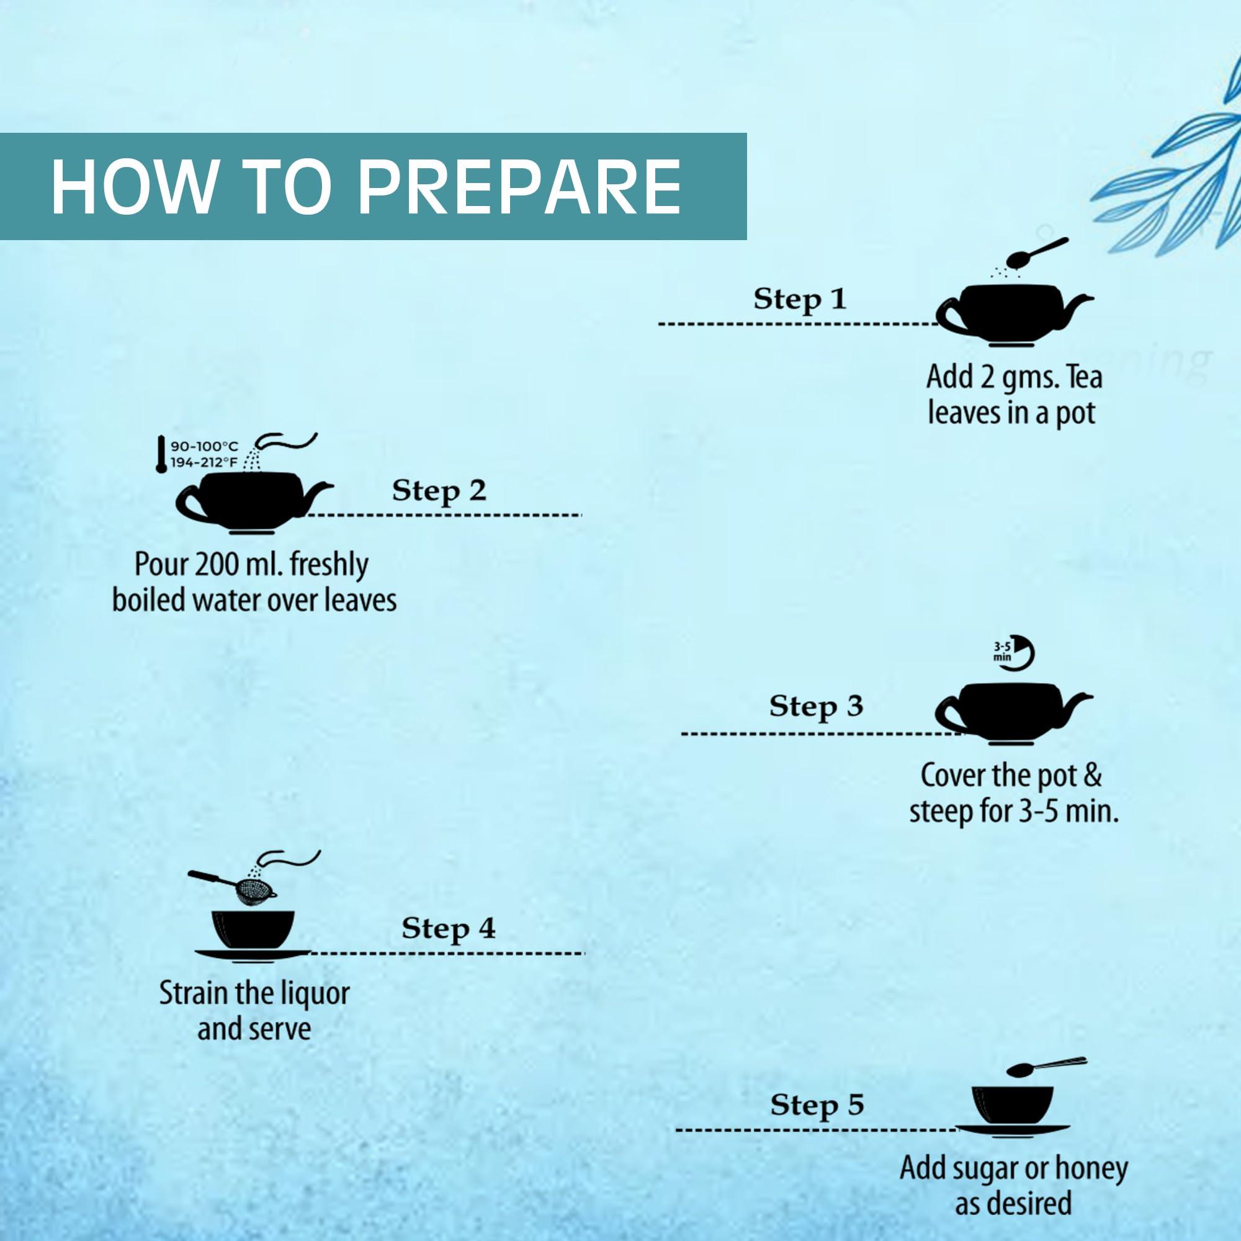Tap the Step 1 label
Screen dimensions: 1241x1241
[800, 299]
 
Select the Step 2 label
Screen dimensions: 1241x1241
[439, 491]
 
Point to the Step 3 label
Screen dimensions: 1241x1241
[816, 707]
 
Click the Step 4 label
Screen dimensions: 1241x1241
[449, 928]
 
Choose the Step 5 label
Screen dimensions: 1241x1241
[817, 1105]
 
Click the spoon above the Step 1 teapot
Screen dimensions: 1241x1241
[1036, 253]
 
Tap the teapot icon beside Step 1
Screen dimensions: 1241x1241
[1015, 313]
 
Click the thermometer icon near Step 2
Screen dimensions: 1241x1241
[161, 455]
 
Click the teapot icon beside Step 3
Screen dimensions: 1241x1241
[1014, 715]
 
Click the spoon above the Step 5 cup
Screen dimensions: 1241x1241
[1046, 1065]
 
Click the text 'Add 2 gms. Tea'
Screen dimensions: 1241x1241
[1015, 377]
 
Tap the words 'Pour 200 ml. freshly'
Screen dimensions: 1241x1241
[252, 565]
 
